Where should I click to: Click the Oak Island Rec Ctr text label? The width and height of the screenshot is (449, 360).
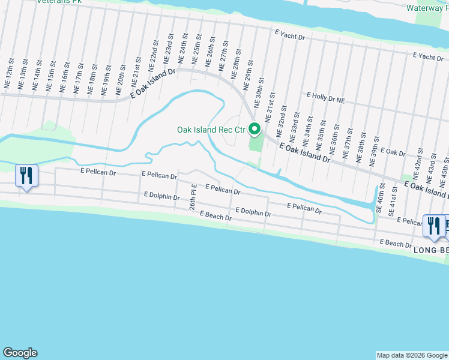coord(211,130)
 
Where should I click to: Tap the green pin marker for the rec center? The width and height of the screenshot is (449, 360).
coord(254,129)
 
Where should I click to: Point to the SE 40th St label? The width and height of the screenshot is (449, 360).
coord(379,199)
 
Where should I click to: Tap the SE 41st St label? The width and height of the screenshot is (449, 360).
coord(393,201)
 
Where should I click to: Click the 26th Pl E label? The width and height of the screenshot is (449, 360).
coord(193,198)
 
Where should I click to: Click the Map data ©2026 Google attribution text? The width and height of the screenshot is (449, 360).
coord(412,355)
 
